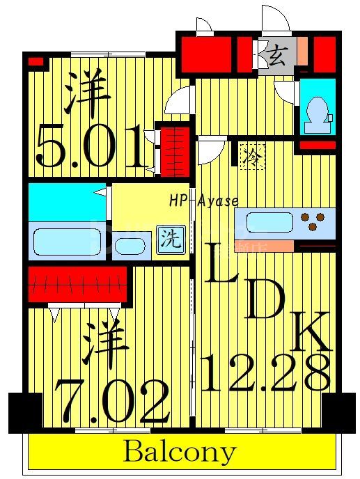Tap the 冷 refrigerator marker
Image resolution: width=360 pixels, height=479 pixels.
click(249, 157)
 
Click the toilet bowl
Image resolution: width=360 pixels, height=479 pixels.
click(318, 111)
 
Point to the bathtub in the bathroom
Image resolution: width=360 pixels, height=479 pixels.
click(68, 240)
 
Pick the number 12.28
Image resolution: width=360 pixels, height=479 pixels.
click(265, 372)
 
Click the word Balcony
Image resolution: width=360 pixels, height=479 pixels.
click(180, 453)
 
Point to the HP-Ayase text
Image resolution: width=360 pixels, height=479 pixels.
click(203, 201)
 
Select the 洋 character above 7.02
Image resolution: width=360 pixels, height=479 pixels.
click(105, 344)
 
